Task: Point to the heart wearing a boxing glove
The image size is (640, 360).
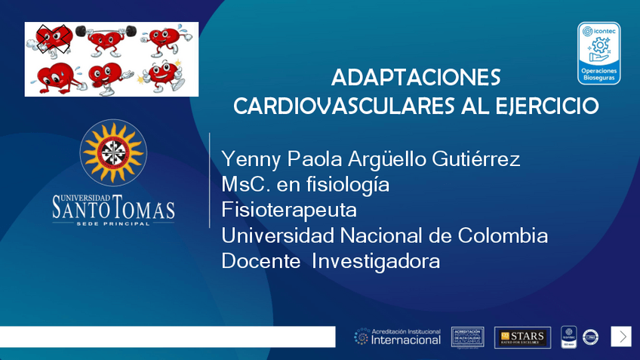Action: click(x=106, y=76)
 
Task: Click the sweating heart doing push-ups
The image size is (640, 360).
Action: click(x=51, y=76)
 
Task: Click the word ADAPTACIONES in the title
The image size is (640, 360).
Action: click(x=416, y=78)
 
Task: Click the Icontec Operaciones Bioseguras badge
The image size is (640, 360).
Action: click(x=598, y=53)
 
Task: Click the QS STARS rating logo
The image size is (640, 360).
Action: click(x=522, y=337)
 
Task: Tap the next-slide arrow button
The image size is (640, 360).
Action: click(x=620, y=336)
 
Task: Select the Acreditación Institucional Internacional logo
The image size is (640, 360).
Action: click(x=398, y=337)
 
